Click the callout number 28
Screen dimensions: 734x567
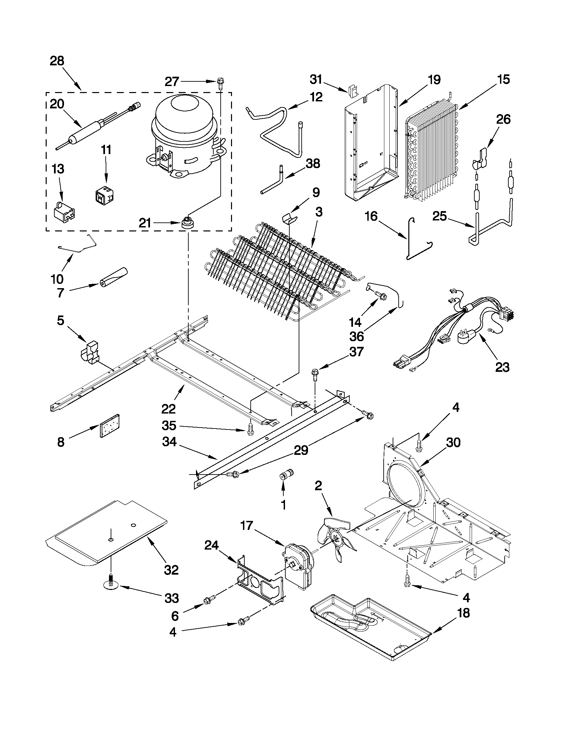point(57,61)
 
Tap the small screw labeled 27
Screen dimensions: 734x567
point(221,82)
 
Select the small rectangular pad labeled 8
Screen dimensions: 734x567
point(110,426)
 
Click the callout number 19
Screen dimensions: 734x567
point(434,80)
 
